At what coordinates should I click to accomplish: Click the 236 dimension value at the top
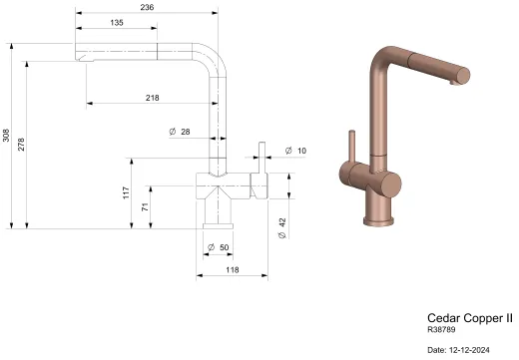[x=146, y=6]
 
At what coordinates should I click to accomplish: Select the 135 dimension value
[x=117, y=22]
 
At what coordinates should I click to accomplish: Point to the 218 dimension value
[x=153, y=97]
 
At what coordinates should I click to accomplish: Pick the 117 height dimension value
[x=127, y=192]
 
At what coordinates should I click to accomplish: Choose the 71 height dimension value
[x=144, y=207]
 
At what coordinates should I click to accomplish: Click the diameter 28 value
[x=185, y=132]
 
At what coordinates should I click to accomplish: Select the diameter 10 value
[x=301, y=151]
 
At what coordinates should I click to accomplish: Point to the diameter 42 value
[x=283, y=224]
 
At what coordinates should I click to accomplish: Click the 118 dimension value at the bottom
[x=232, y=269]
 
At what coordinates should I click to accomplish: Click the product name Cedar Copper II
[x=469, y=318]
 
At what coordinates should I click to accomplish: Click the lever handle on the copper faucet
[x=351, y=148]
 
